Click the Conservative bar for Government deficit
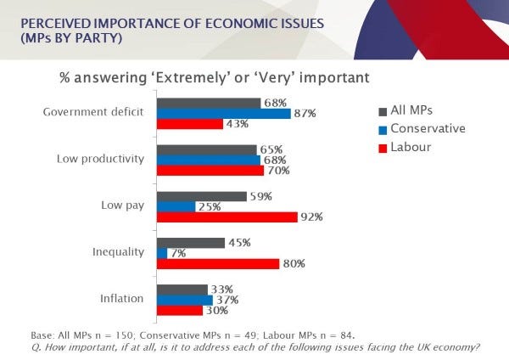pyautogui.click(x=223, y=113)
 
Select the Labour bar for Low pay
pyautogui.click(x=227, y=217)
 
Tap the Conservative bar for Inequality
pyautogui.click(x=161, y=252)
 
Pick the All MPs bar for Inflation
pyautogui.click(x=182, y=289)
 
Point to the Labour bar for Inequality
pyautogui.click(x=217, y=263)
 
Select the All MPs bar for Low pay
pyautogui.click(x=202, y=196)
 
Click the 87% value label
pyautogui.click(x=305, y=113)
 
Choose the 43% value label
pyautogui.click(x=236, y=124)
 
